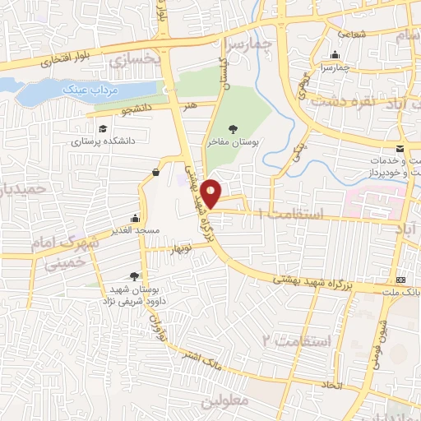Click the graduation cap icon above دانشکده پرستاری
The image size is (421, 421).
pyautogui.click(x=103, y=129)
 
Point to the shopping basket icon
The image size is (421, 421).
pyautogui.click(x=155, y=172)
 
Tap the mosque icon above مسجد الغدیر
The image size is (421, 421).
pyautogui.click(x=135, y=219)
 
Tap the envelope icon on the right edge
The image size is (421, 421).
pyautogui.click(x=399, y=149)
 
